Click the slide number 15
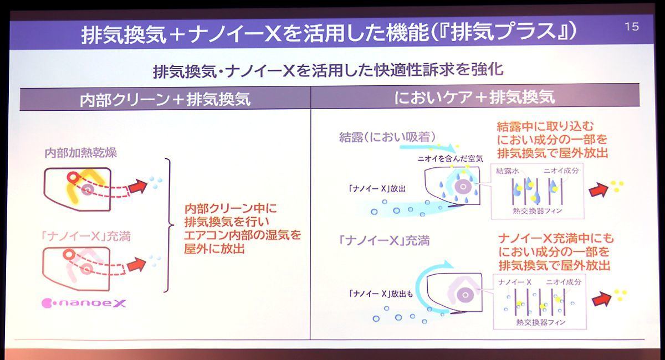pyautogui.click(x=632, y=27)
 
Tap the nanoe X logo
pyautogui.click(x=84, y=303)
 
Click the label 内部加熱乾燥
pyautogui.click(x=81, y=153)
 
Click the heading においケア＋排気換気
pyautogui.click(x=475, y=97)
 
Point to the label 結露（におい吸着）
pyautogui.click(x=387, y=137)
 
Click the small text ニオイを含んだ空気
pyautogui.click(x=451, y=159)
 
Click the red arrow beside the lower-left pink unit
pyautogui.click(x=137, y=264)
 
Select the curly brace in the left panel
pyautogui.click(x=170, y=225)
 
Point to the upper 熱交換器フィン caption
pyautogui.click(x=538, y=211)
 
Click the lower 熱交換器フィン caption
pyautogui.click(x=541, y=322)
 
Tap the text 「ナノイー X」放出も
pyautogui.click(x=381, y=294)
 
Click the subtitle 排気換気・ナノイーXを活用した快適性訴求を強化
pyautogui.click(x=328, y=71)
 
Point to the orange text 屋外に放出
pyautogui.click(x=214, y=249)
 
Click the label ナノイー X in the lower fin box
pyautogui.click(x=515, y=282)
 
